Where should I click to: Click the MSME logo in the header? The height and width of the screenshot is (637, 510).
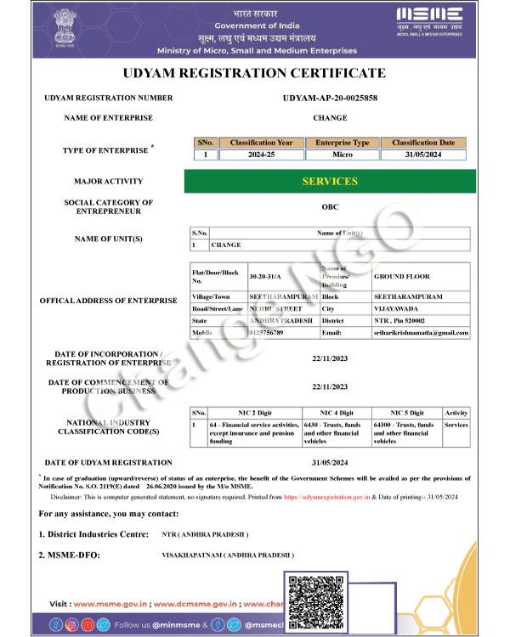(x=429, y=19)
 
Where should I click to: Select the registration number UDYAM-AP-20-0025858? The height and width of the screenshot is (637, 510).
(x=330, y=99)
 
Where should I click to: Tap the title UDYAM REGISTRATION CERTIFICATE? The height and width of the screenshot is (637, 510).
(x=254, y=73)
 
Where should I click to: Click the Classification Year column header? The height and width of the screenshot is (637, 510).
(x=261, y=143)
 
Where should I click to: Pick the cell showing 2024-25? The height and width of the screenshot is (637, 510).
(x=261, y=155)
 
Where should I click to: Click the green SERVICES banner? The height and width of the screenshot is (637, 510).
(x=330, y=181)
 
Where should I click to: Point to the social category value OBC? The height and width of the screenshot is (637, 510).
(x=330, y=206)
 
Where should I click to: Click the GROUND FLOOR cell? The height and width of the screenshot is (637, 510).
(x=402, y=277)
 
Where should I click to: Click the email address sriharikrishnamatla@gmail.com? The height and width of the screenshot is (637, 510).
(x=421, y=333)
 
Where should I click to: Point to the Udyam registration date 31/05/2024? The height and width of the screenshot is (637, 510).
(x=330, y=462)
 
